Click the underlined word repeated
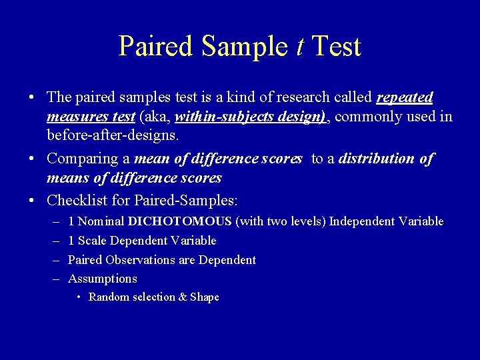(x=405, y=97)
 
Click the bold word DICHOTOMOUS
(x=180, y=221)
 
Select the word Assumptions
(x=102, y=279)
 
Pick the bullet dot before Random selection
(x=79, y=297)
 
